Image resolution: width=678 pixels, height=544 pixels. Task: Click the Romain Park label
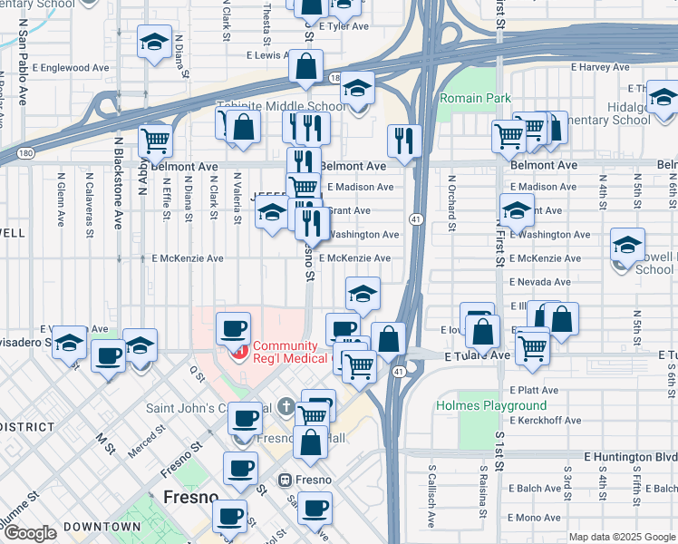pyautogui.click(x=475, y=99)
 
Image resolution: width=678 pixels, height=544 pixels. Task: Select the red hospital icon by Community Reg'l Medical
pyautogui.click(x=239, y=352)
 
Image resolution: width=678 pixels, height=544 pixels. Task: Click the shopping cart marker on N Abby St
pyautogui.click(x=155, y=141)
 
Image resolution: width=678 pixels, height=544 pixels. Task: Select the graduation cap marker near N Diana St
pyautogui.click(x=155, y=42)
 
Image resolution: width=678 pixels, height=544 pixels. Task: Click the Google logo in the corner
pyautogui.click(x=29, y=534)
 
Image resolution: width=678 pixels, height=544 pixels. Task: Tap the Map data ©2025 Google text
pyautogui.click(x=622, y=537)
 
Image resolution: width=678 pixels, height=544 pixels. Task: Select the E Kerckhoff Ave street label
pyautogui.click(x=546, y=421)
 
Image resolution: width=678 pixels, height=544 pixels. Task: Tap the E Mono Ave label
pyautogui.click(x=535, y=518)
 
